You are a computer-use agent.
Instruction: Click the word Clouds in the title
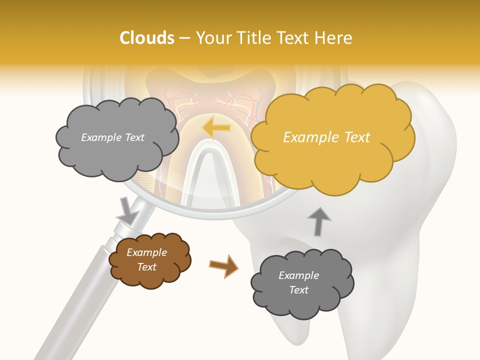pos(147,38)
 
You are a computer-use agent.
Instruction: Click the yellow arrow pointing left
pos(216,128)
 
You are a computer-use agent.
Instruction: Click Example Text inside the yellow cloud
pos(326,137)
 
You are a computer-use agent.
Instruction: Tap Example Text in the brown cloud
pos(146,259)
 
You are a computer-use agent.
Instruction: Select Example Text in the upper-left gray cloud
pos(112,137)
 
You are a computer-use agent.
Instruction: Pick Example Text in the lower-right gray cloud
pos(298,282)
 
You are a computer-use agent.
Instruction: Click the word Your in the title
pos(213,38)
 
